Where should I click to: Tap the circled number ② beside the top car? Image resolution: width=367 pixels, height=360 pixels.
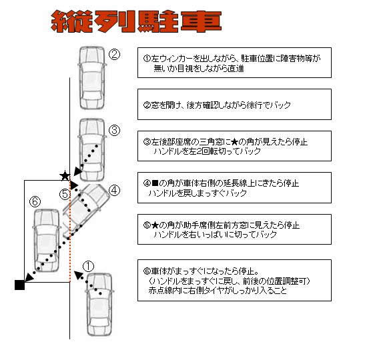[114, 55]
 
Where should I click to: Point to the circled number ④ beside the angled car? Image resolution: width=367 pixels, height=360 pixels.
[114, 190]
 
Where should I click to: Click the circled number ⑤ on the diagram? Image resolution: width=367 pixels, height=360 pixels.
[65, 195]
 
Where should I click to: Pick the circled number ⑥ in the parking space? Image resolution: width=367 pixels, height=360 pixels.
[36, 200]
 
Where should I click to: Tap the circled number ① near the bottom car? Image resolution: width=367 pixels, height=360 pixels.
[89, 265]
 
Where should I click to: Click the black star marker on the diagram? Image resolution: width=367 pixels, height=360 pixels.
[65, 176]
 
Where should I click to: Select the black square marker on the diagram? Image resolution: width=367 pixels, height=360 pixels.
[19, 285]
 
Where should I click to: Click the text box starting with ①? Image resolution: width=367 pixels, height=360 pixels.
[234, 63]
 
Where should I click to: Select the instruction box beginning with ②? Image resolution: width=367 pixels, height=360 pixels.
[234, 105]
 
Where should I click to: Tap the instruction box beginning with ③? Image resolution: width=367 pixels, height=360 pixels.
[234, 147]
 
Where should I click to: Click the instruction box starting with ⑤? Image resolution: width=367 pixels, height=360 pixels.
[234, 230]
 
